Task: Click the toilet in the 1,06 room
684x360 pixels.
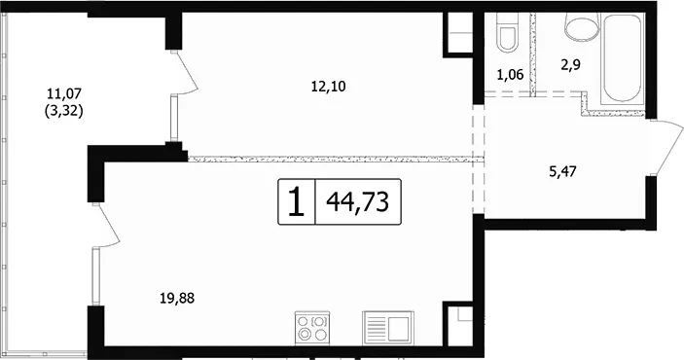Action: point(506,32)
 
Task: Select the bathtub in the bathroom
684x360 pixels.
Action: point(623,58)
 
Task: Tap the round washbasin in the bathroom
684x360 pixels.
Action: point(582,26)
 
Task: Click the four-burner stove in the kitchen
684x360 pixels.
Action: point(312,328)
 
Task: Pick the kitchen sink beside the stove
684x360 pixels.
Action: point(387,328)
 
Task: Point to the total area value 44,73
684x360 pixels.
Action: point(358,201)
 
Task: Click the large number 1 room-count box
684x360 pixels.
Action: point(297,201)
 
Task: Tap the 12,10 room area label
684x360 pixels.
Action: point(329,87)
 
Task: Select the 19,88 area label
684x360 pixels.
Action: point(177,299)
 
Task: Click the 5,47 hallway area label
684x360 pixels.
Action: point(562,171)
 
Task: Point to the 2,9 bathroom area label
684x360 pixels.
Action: point(571,65)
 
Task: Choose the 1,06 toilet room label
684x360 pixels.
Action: point(510,75)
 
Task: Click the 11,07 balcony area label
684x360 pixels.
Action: point(64,93)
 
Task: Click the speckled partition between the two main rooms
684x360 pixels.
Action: point(336,160)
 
